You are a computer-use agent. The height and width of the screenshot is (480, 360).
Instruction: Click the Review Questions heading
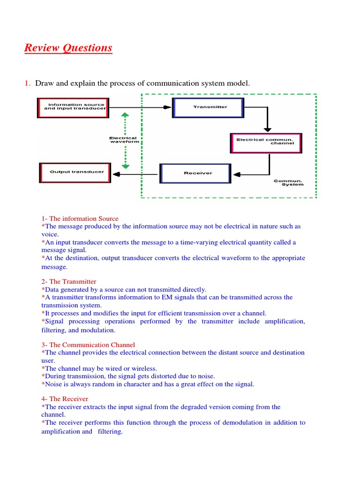[x=68, y=48]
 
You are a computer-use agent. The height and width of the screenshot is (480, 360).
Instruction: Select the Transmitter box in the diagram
[x=208, y=107]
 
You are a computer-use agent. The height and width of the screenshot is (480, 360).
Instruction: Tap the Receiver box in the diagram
[x=195, y=173]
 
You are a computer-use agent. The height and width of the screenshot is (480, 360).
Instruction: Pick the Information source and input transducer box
[x=73, y=107]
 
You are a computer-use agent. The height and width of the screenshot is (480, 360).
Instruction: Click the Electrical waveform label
[x=123, y=140]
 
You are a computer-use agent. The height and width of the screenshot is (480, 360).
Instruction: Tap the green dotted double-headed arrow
[x=124, y=141]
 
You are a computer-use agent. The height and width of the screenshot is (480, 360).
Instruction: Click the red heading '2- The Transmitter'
[x=69, y=281]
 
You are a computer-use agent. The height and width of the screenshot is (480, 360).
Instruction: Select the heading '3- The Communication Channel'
[x=88, y=345]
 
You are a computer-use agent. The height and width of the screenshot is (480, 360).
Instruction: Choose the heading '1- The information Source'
[x=80, y=218]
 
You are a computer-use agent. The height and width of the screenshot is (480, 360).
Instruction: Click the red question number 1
[x=27, y=83]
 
